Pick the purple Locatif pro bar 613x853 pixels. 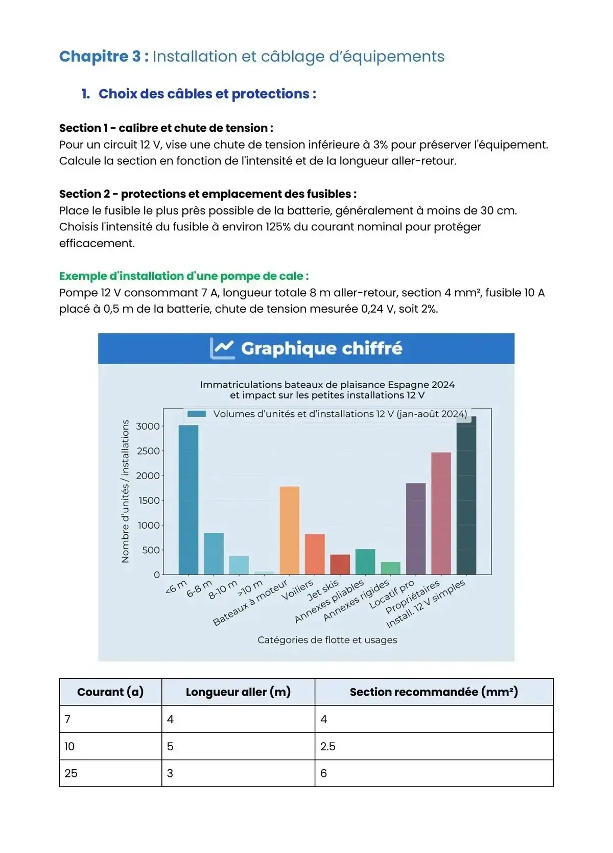click(x=415, y=529)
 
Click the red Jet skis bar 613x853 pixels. click(x=340, y=564)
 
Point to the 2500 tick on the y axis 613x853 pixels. click(x=148, y=451)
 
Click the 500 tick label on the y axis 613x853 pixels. click(x=151, y=550)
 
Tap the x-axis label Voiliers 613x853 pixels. click(x=298, y=590)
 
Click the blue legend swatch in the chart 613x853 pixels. click(x=197, y=414)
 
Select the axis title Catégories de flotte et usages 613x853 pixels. click(x=327, y=640)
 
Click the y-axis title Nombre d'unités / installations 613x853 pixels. click(x=125, y=491)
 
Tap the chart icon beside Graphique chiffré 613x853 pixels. click(x=222, y=348)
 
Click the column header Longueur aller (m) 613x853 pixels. click(x=238, y=692)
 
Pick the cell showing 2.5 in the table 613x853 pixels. click(x=328, y=746)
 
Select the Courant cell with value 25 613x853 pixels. click(x=71, y=773)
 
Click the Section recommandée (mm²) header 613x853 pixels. click(x=434, y=692)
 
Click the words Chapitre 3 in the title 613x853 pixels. click(x=100, y=56)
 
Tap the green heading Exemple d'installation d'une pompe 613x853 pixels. click(x=184, y=276)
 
